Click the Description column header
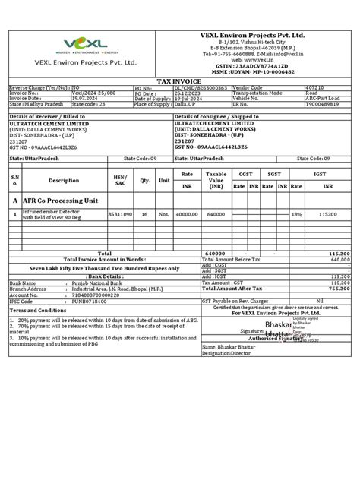point(64,181)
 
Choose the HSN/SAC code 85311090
point(119,214)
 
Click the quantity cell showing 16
point(144,214)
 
